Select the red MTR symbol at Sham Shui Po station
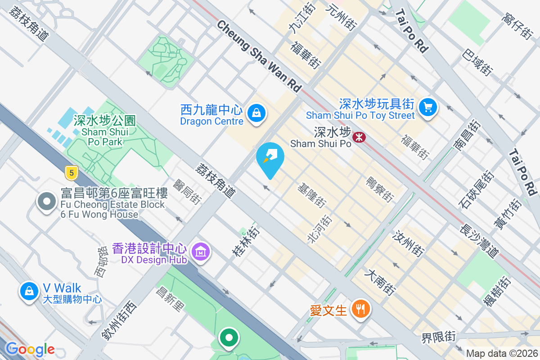(x=359, y=136)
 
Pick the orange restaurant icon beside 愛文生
(x=360, y=309)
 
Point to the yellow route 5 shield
(x=69, y=171)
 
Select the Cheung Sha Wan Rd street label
(x=259, y=56)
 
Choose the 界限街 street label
(x=438, y=336)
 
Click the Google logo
(x=30, y=349)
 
